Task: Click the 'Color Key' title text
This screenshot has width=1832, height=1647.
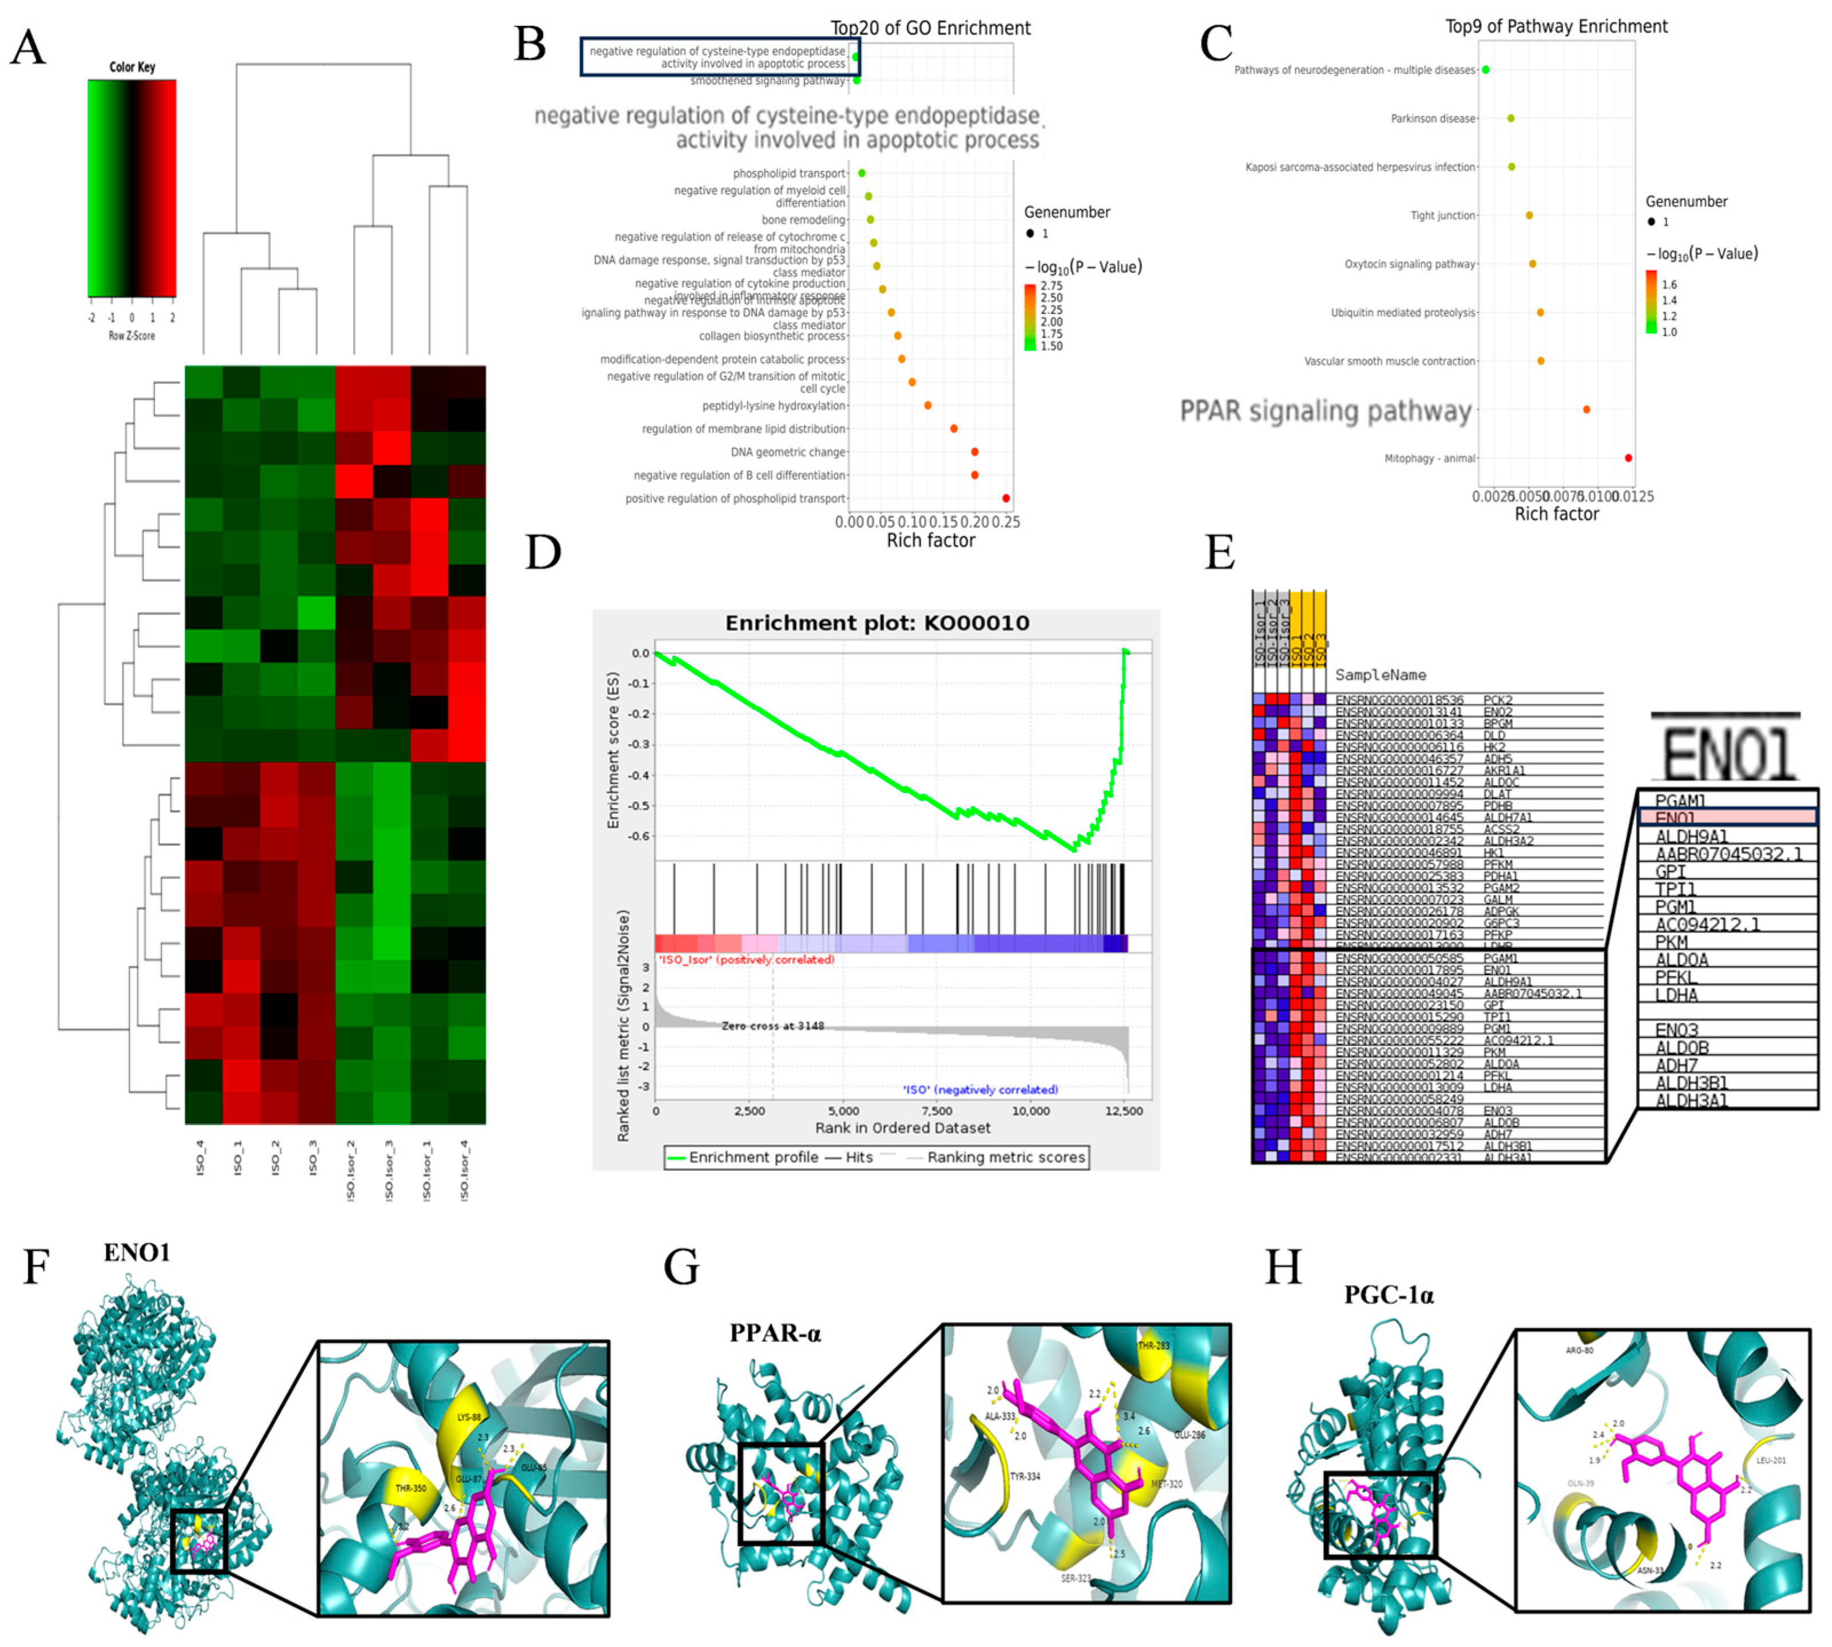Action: tap(132, 67)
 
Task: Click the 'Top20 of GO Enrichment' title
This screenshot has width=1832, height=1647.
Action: tap(930, 28)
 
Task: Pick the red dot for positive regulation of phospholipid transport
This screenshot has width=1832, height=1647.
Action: tap(1006, 498)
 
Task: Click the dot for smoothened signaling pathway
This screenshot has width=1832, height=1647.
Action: tap(856, 81)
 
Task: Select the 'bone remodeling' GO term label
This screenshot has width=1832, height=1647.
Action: tap(803, 220)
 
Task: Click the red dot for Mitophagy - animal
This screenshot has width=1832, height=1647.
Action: tap(1628, 458)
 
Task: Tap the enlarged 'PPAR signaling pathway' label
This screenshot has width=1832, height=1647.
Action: tap(1326, 411)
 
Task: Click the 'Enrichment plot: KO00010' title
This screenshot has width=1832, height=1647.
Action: tap(877, 623)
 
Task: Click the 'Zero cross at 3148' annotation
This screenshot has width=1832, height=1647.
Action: tap(772, 1026)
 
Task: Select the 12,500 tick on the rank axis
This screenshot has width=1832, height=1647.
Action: tap(1124, 1110)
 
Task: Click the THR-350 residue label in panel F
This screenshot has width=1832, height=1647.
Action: tap(411, 1488)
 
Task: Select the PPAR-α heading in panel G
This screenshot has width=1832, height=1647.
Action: tap(775, 1333)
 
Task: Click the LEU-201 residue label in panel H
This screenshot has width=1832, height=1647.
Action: tap(1770, 1460)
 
